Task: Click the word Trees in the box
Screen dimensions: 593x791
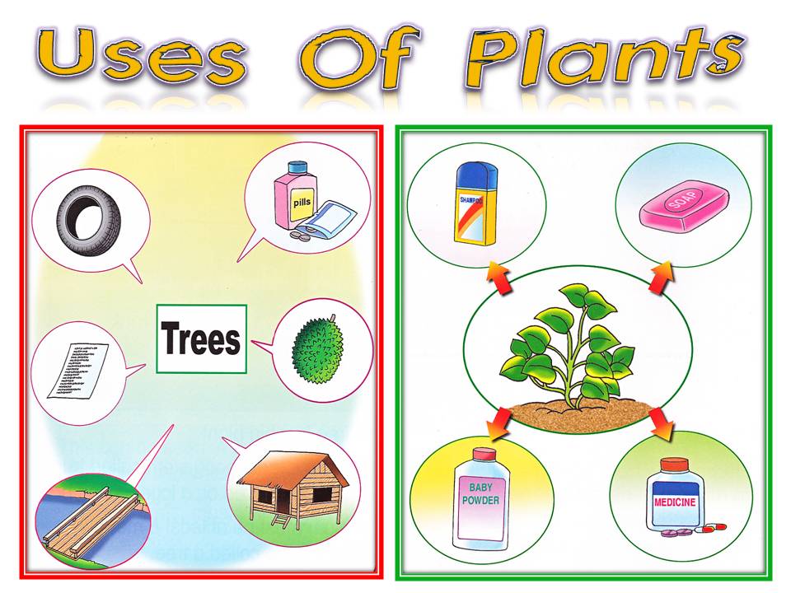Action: click(201, 339)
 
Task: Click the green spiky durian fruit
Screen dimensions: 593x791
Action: click(321, 350)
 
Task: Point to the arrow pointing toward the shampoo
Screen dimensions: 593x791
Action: click(498, 278)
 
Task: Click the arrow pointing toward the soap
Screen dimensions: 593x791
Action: click(661, 278)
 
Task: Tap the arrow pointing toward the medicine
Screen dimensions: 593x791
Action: click(662, 423)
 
